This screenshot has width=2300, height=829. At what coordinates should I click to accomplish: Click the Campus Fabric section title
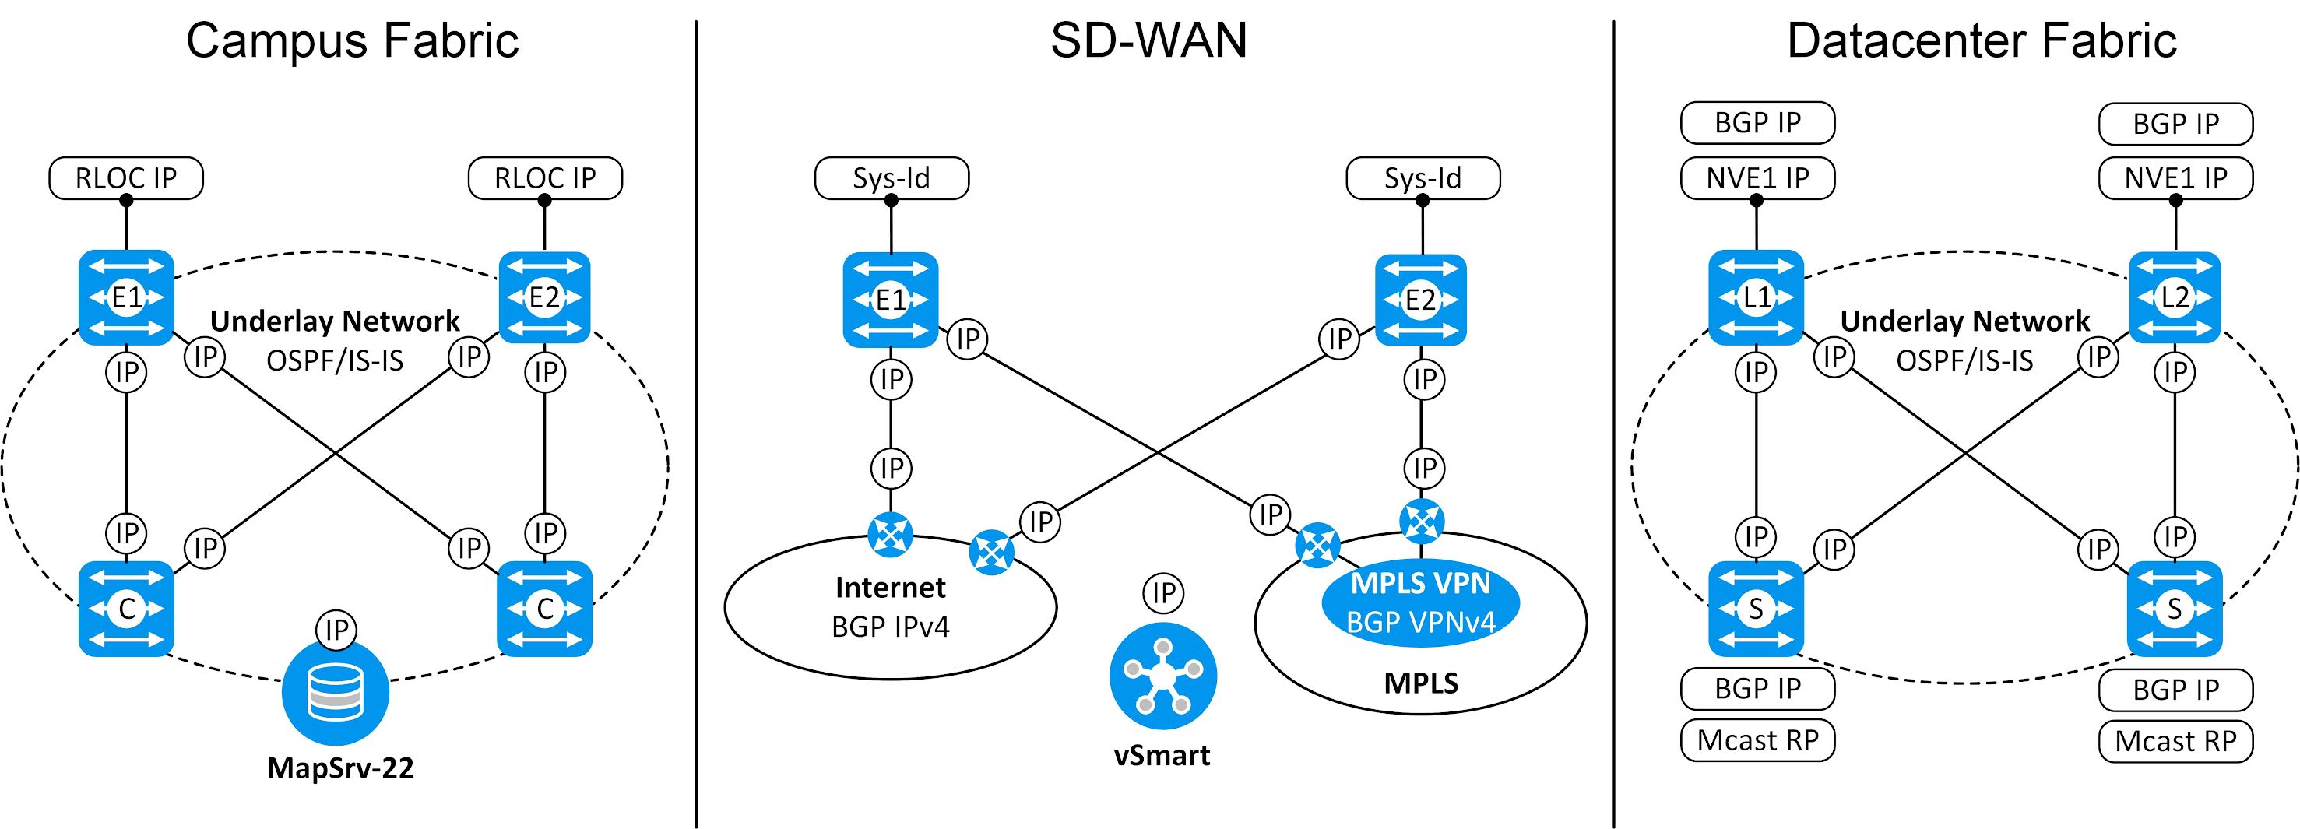[x=352, y=41]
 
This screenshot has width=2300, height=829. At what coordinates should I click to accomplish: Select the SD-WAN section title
[x=1148, y=41]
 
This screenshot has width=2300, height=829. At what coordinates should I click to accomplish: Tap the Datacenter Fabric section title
[x=1982, y=41]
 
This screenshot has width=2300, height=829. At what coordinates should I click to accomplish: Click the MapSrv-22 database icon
[x=335, y=694]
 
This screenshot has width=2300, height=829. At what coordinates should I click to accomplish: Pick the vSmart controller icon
[x=1162, y=676]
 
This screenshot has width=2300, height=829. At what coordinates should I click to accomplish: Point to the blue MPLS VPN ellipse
[x=1419, y=602]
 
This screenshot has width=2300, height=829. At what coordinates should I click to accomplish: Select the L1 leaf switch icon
[x=1755, y=297]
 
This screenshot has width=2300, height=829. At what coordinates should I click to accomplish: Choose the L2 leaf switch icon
[x=2175, y=297]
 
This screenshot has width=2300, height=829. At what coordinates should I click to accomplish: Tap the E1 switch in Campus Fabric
[x=126, y=297]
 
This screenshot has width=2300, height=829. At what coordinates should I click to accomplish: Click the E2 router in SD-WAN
[x=1420, y=300]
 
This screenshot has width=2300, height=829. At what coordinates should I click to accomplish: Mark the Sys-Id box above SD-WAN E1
[x=891, y=178]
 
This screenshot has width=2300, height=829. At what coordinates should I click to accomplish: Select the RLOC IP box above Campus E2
[x=545, y=178]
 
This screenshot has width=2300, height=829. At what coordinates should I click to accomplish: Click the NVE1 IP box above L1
[x=1757, y=178]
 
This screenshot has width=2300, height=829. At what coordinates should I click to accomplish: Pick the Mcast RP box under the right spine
[x=2175, y=742]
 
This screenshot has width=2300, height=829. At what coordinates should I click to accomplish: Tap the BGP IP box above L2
[x=2175, y=124]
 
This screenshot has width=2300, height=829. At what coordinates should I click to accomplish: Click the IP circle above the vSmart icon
[x=1163, y=593]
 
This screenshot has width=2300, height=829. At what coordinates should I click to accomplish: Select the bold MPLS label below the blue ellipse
[x=1420, y=683]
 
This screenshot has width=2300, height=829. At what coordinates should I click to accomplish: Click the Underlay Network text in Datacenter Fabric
[x=1964, y=321]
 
